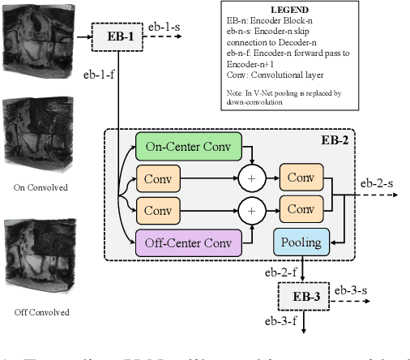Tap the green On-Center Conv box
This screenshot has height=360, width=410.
coord(188,146)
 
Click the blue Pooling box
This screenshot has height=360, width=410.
coord(301,241)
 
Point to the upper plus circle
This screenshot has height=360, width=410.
coord(252,178)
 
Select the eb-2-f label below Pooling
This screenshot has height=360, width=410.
coord(281,272)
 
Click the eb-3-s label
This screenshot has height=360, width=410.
coord(352,289)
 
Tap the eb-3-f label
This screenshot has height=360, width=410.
coord(280,320)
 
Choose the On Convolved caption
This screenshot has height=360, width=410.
coord(41,187)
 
